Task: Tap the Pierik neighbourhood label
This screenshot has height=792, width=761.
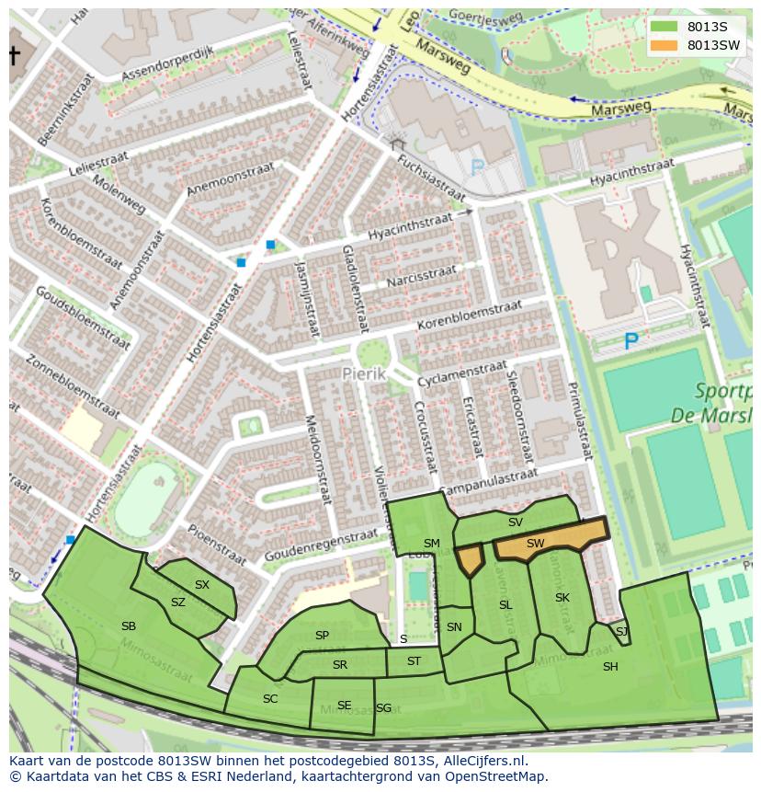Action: [361, 374]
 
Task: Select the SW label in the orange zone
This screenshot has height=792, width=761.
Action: [536, 544]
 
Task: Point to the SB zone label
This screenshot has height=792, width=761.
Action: [129, 626]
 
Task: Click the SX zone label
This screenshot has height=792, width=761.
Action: [202, 585]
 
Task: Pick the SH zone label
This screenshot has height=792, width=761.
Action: [610, 667]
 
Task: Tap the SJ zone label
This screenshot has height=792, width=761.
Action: [622, 631]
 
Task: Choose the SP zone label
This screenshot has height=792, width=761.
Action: [322, 636]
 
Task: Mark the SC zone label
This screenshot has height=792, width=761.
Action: [270, 699]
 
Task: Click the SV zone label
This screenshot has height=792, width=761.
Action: [516, 522]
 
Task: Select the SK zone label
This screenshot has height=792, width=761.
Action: [562, 598]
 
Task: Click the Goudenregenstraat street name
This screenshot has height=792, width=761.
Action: [321, 545]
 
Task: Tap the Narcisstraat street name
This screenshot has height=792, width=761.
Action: [421, 276]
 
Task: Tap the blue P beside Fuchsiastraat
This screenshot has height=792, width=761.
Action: [478, 168]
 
